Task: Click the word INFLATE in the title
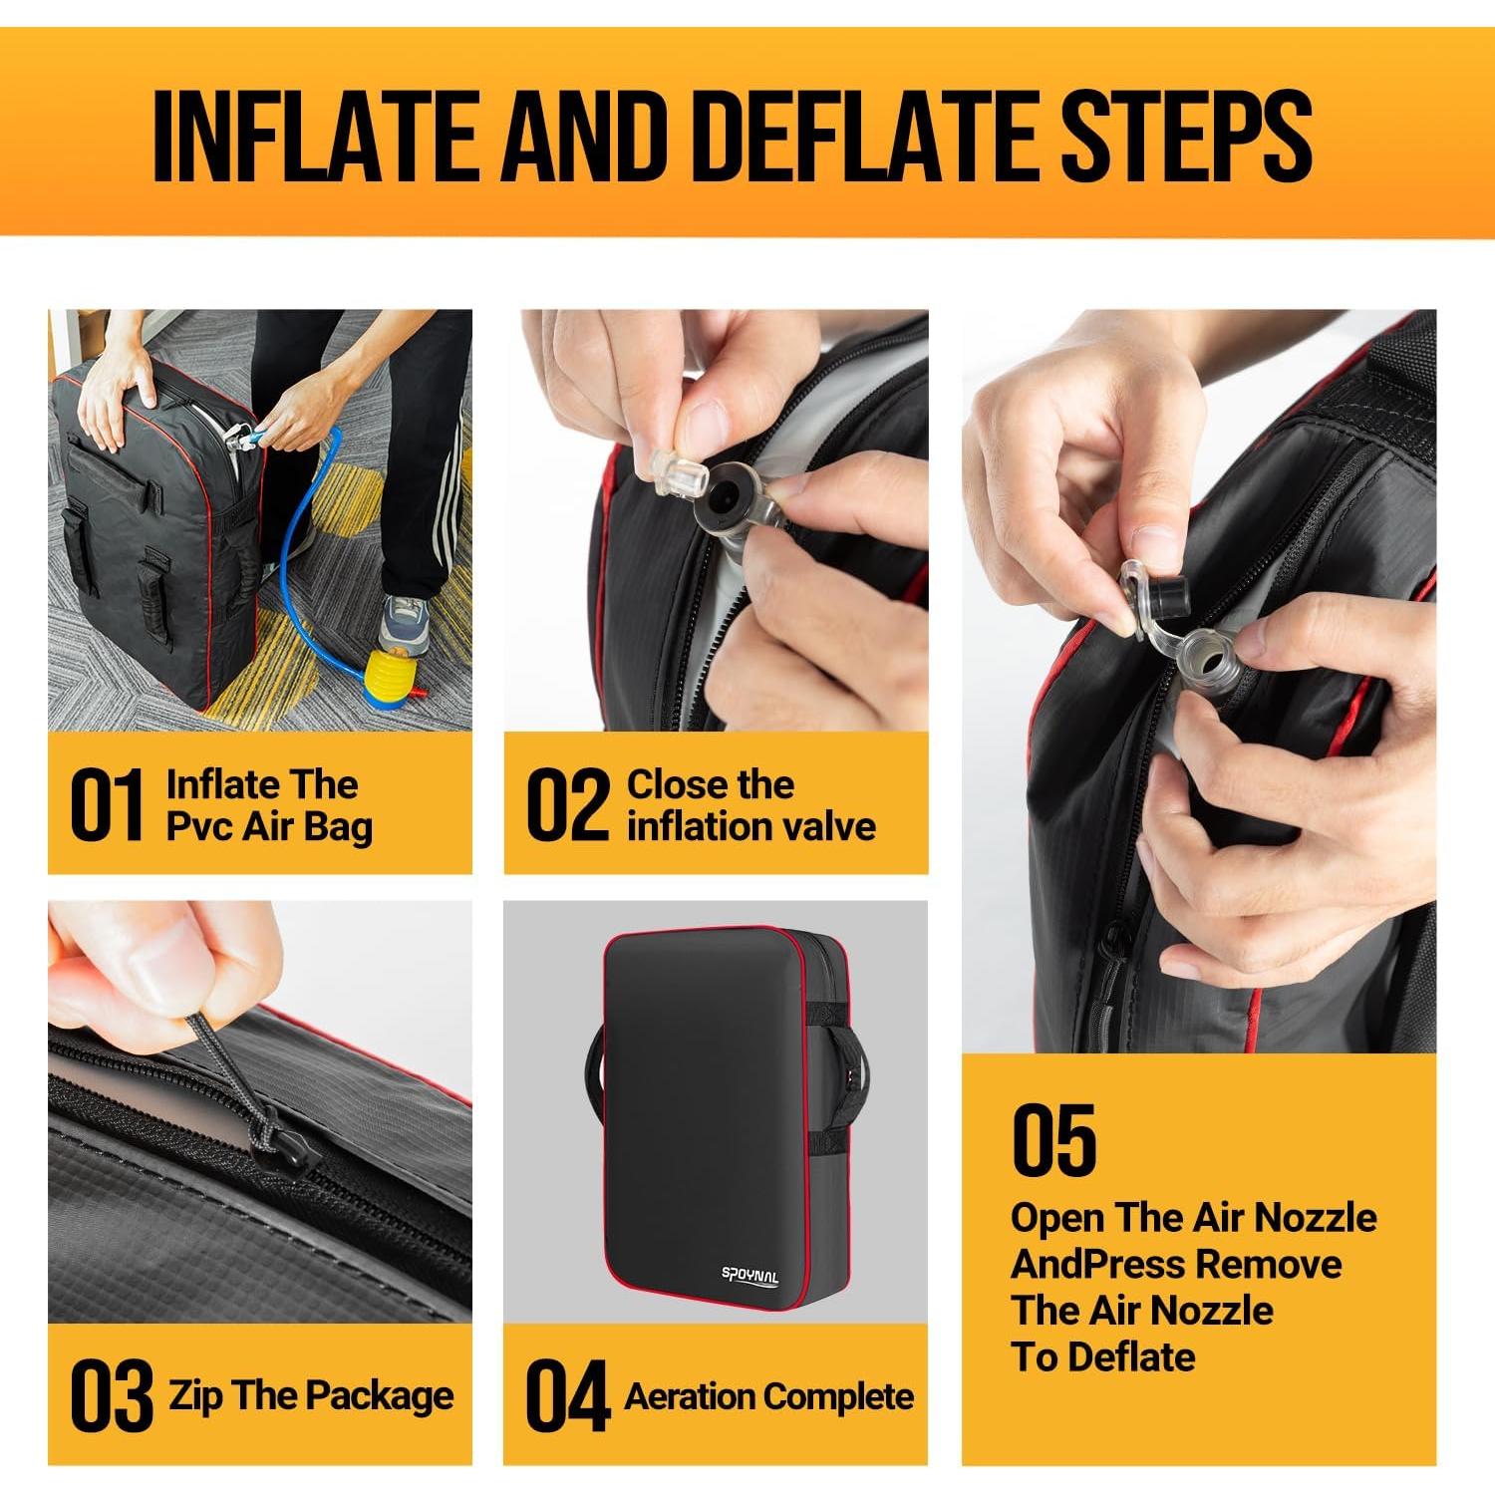(x=316, y=136)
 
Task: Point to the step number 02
(x=567, y=805)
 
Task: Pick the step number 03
(x=112, y=1395)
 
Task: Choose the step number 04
(x=567, y=1395)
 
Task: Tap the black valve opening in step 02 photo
(x=724, y=494)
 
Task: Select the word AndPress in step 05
(x=1097, y=1266)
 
